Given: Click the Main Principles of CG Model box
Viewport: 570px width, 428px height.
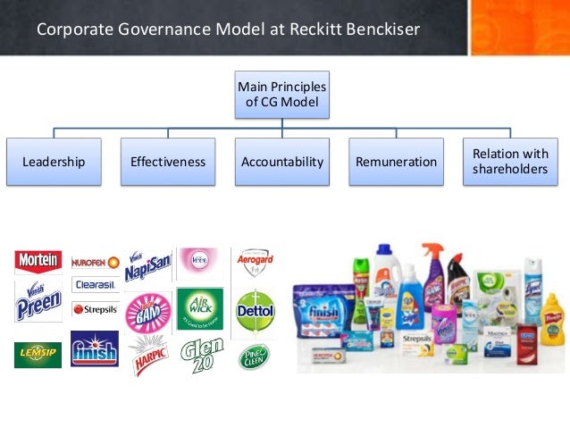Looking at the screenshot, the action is point(282,95).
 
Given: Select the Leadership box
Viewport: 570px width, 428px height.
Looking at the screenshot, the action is point(54,162).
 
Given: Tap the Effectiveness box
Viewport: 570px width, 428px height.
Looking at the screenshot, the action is point(168,162).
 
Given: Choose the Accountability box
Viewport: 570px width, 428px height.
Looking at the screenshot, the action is point(282,162).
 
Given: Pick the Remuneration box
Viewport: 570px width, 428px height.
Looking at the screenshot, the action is point(396,162).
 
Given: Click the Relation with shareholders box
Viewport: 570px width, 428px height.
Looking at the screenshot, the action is point(509,162).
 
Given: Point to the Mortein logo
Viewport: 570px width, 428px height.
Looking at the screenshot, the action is point(38,261).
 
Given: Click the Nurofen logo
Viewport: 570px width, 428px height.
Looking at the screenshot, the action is point(96,262).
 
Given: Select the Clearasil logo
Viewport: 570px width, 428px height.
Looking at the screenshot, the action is point(96,285).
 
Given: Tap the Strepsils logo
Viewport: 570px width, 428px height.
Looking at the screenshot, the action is point(96,309).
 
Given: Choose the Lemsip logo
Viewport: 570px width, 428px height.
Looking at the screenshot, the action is point(38,355).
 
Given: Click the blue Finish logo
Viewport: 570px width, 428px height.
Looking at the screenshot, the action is point(95,349).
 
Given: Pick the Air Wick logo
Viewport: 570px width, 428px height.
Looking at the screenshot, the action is point(200,307).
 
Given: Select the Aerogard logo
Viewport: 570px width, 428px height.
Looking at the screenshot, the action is point(254,263).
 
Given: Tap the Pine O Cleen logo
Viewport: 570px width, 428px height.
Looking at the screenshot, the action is point(254,357).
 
